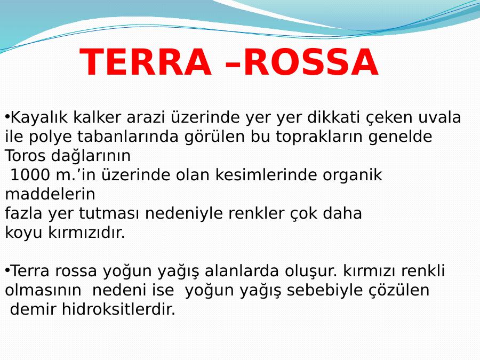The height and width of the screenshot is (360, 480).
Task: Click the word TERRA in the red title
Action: pyautogui.click(x=146, y=62)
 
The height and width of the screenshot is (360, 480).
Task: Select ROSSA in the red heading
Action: pyautogui.click(x=311, y=62)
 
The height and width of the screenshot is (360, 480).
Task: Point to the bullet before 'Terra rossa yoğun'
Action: pyautogui.click(x=7, y=270)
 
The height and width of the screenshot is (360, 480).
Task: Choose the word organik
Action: pyautogui.click(x=353, y=175)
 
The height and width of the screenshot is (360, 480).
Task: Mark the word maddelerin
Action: pyautogui.click(x=50, y=194)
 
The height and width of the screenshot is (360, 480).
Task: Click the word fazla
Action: pyautogui.click(x=23, y=213)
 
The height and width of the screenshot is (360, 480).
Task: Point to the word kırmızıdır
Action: pyautogui.click(x=86, y=233)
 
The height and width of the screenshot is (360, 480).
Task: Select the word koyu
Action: pyautogui.click(x=23, y=233)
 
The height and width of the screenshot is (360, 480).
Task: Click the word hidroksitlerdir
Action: pyautogui.click(x=118, y=309)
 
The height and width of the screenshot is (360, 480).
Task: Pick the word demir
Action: pyautogui.click(x=33, y=309)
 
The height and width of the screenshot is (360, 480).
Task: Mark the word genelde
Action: pyautogui.click(x=400, y=137)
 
